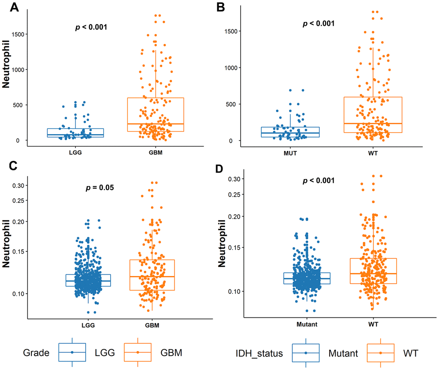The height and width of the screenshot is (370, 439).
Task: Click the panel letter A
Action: tap(9, 7)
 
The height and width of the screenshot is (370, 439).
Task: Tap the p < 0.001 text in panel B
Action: tap(319, 24)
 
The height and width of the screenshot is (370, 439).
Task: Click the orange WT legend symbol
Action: tap(380, 352)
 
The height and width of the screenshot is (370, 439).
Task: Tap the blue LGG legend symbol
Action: tap(72, 352)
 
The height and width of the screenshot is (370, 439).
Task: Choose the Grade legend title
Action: tap(36, 353)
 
